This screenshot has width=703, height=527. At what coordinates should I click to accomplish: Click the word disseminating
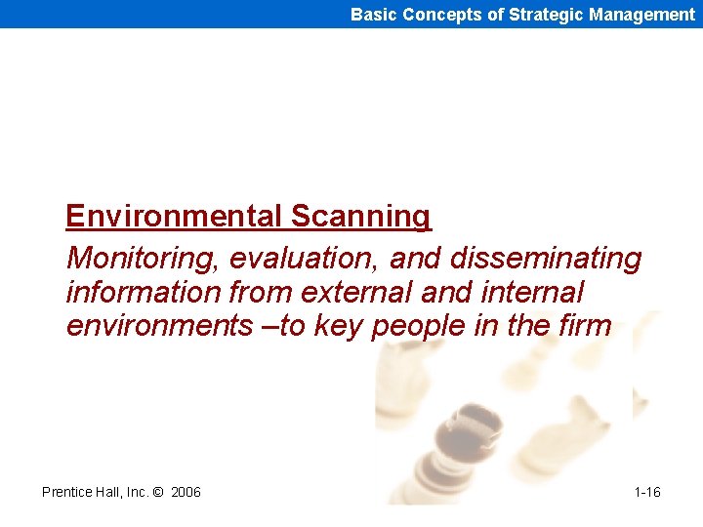point(546,259)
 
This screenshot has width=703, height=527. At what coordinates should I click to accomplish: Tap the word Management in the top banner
point(641,14)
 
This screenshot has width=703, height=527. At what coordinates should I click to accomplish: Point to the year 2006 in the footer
point(186,492)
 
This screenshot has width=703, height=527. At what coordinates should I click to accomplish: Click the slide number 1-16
point(646,492)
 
